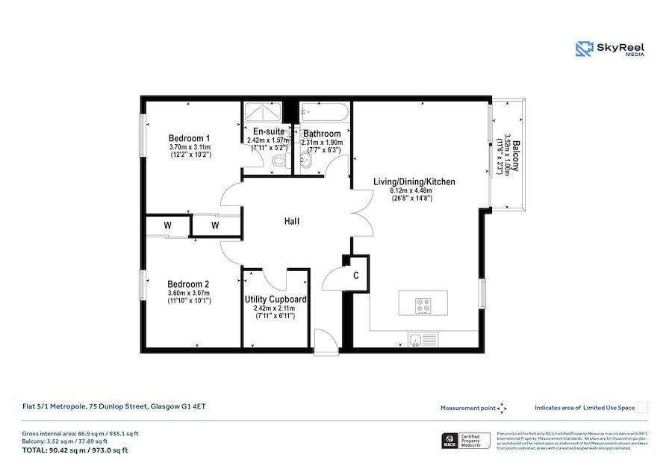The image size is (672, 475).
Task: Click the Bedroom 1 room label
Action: click(x=189, y=138)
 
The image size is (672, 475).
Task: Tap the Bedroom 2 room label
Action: click(x=188, y=284)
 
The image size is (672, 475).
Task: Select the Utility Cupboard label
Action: click(x=275, y=299)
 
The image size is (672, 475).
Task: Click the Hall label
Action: click(x=292, y=222)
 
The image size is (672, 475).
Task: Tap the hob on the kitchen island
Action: click(x=423, y=305)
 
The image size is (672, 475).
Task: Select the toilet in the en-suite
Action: click(x=279, y=161)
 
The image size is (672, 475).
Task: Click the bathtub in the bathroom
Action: click(x=323, y=114)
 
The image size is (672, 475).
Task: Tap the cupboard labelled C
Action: click(x=356, y=276)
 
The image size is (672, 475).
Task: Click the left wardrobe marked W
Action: click(x=167, y=225)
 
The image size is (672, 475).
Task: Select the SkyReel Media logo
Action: click(x=610, y=49)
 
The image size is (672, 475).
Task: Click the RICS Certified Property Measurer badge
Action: click(x=466, y=441)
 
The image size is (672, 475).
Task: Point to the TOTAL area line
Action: click(x=75, y=450)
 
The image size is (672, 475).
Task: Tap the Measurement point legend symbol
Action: click(x=503, y=408)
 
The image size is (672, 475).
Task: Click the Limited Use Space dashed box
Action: click(x=642, y=408)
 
